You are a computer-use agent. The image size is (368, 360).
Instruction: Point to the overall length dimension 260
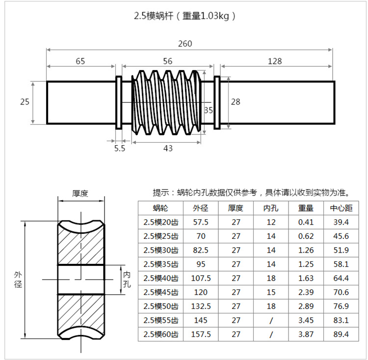point(185,44)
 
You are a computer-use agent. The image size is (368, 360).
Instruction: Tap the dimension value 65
point(80,61)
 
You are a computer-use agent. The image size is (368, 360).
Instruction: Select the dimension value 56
point(168,61)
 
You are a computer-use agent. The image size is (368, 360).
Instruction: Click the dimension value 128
point(275,61)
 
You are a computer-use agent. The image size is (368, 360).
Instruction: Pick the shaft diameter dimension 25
point(25,102)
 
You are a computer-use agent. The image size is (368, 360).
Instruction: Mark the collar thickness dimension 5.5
point(120,148)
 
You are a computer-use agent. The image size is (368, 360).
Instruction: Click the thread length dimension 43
point(168,148)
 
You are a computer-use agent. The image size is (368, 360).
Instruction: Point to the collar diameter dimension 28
point(236,102)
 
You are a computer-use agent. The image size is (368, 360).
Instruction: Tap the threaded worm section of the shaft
point(167,102)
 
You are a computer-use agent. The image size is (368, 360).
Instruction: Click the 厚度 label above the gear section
point(80,193)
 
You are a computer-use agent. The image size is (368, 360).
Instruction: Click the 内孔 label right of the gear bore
point(127,279)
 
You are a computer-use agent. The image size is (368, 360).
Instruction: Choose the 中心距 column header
point(341,208)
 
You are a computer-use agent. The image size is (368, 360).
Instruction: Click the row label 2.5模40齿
point(161,278)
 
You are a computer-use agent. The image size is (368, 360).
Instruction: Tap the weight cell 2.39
point(306,292)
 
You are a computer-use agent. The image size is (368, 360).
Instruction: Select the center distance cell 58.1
point(341,264)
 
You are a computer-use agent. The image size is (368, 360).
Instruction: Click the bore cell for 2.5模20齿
point(271,222)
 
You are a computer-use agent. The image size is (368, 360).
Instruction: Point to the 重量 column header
point(306,208)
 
